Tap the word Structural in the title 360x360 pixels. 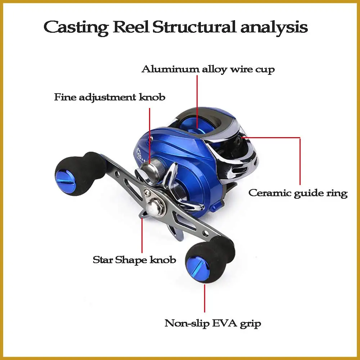[x=194, y=27]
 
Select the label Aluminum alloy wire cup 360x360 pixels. [x=208, y=69]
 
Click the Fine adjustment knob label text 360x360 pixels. [x=110, y=97]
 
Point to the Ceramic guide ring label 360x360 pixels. [x=298, y=193]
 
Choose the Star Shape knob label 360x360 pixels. [x=134, y=260]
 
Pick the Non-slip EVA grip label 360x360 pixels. [x=213, y=324]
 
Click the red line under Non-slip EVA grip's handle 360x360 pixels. [x=204, y=298]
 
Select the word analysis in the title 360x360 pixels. [x=274, y=28]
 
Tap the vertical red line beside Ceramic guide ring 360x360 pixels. [x=300, y=161]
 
